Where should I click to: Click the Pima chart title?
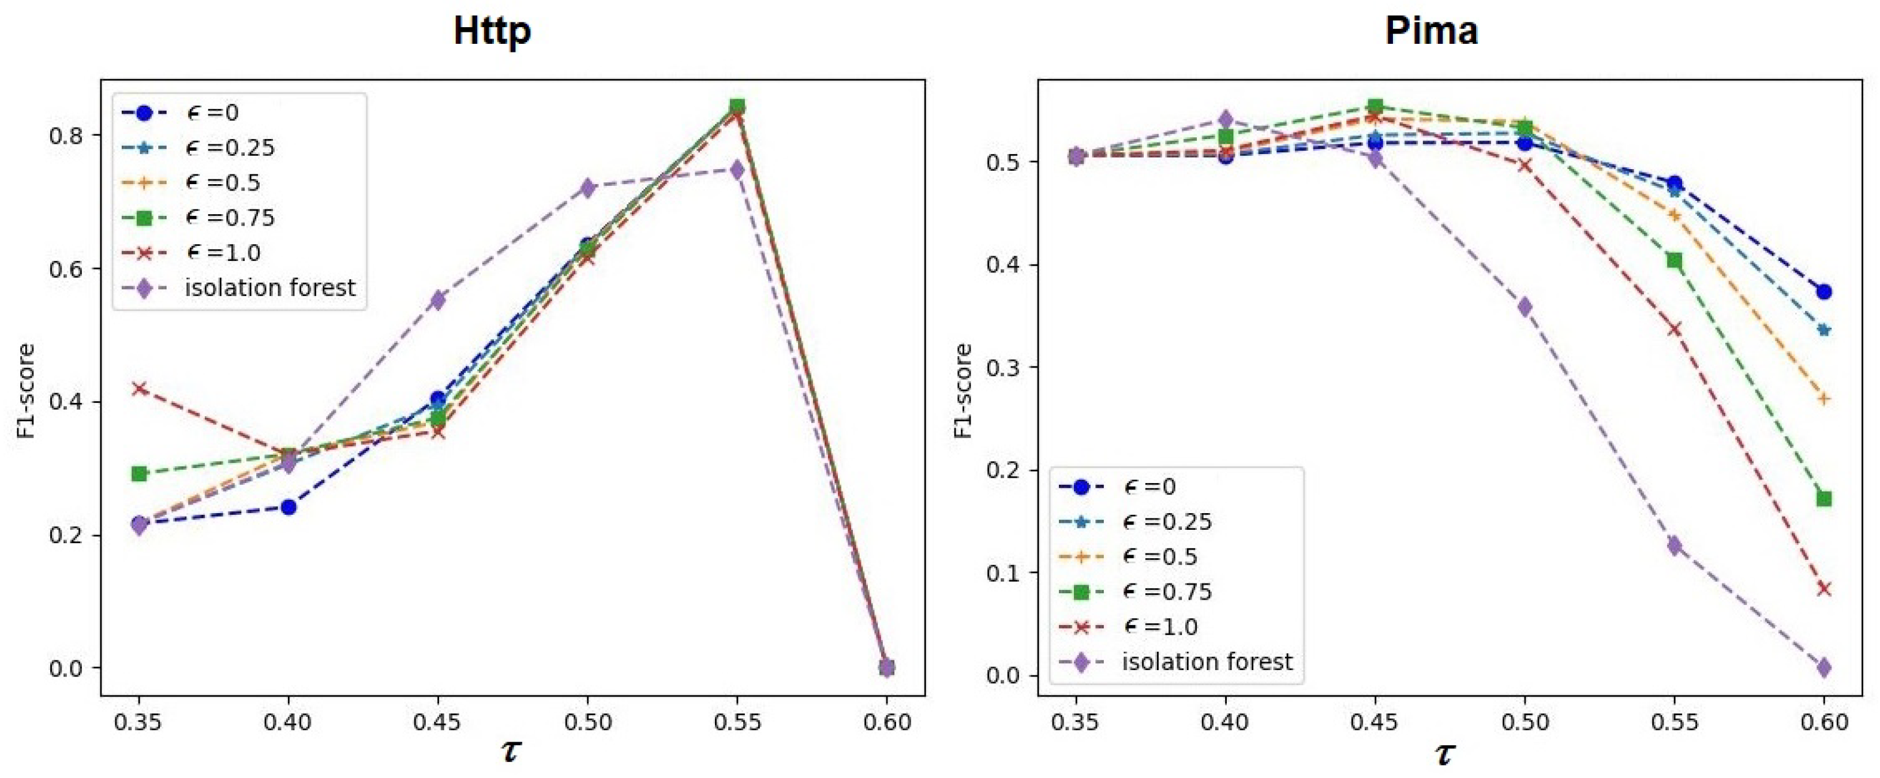click(x=1431, y=31)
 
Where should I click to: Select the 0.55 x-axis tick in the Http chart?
click(x=737, y=722)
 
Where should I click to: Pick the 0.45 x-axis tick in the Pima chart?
click(x=1375, y=722)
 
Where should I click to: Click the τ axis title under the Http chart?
click(x=511, y=750)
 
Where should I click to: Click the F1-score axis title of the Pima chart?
click(x=963, y=391)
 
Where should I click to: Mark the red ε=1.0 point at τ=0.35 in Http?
click(x=140, y=388)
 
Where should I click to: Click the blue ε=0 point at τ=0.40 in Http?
click(x=289, y=507)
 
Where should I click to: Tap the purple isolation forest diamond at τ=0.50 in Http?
click(x=587, y=188)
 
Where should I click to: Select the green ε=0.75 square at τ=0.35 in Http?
click(x=140, y=474)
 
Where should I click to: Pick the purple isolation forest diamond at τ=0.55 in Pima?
click(x=1674, y=545)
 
